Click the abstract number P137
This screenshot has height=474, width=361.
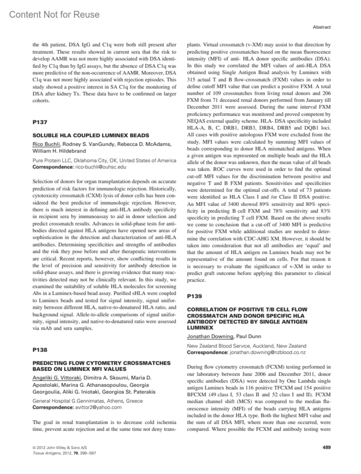[x=40, y=122]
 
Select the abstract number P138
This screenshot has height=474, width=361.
[x=40, y=350]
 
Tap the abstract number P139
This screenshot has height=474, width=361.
[x=194, y=296]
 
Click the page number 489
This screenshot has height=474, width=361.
[x=326, y=447]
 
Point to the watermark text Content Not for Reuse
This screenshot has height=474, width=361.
[x=54, y=14]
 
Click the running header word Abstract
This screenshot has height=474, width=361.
[x=322, y=27]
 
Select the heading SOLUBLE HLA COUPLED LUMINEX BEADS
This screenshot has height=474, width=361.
[x=91, y=135]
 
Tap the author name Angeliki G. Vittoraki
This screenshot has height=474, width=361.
[x=57, y=378]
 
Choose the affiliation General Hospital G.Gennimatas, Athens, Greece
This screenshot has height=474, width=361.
[x=88, y=401]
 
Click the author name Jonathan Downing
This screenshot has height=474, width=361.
[x=210, y=336]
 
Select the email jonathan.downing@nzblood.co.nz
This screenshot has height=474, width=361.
[x=267, y=352]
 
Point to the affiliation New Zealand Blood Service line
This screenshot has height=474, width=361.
[x=246, y=346]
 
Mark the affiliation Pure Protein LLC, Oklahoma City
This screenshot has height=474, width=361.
[x=104, y=160]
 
